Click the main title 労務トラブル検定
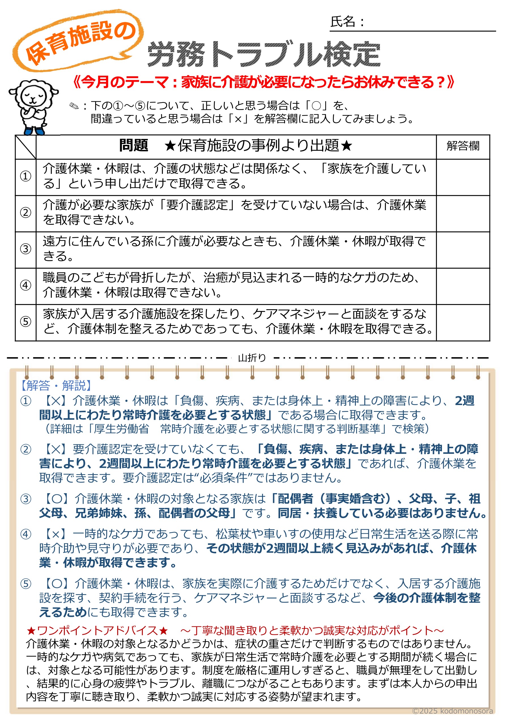click(264, 55)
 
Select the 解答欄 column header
click(463, 146)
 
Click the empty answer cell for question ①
click(463, 177)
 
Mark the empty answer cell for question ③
click(463, 249)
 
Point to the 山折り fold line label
click(252, 358)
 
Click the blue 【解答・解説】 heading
click(56, 386)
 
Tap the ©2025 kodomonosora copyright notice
click(452, 711)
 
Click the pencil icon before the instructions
click(74, 106)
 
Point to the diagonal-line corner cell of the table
click(25, 147)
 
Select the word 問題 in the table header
click(133, 146)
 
